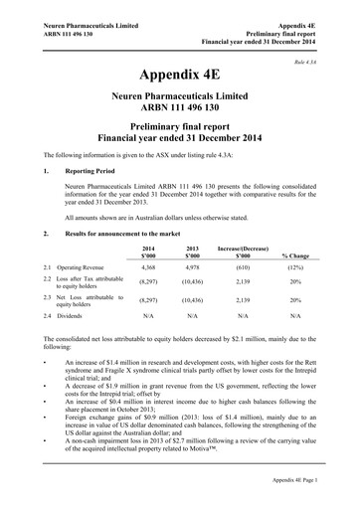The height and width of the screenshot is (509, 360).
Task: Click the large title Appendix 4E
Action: click(x=179, y=76)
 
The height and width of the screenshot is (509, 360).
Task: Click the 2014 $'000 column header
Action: click(x=149, y=251)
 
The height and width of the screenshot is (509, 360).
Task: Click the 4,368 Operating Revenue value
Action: click(x=149, y=268)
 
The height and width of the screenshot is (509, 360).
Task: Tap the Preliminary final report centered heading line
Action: click(x=179, y=128)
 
